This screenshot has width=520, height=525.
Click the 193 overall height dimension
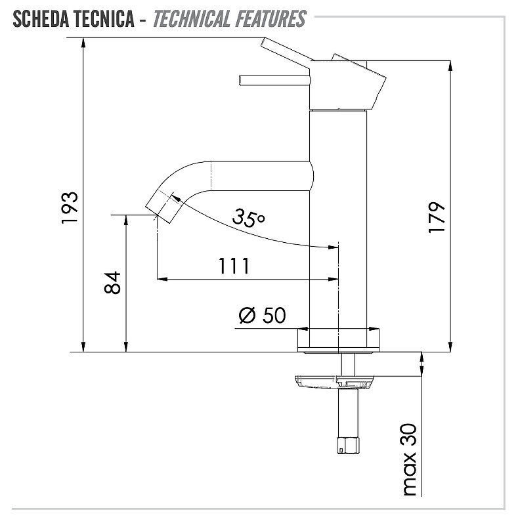tap(70, 207)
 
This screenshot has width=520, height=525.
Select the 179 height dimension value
tap(437, 217)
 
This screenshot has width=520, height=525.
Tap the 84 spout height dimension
tap(112, 283)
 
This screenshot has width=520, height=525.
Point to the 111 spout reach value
tap(234, 266)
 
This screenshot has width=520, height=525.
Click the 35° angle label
tap(248, 217)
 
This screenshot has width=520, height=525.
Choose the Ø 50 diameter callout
tap(263, 315)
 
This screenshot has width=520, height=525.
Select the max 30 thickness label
tap(410, 459)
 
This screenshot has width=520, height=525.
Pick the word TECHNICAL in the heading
tap(192, 19)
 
